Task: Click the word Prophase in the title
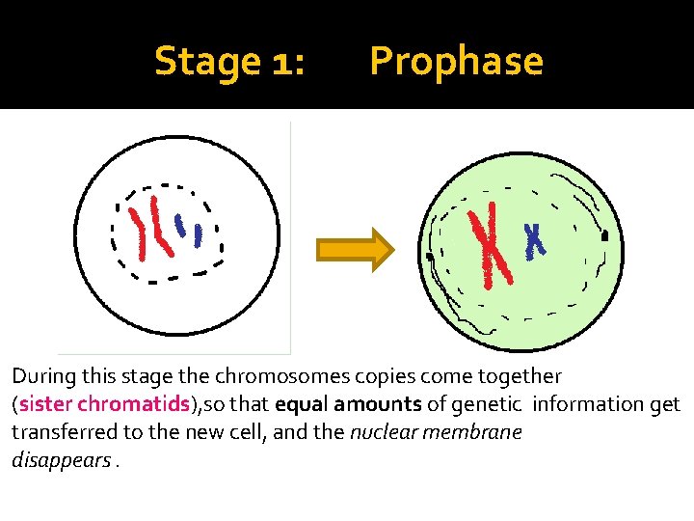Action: (x=456, y=62)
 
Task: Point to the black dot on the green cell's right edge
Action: (x=605, y=235)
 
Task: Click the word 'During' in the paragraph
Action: (x=40, y=376)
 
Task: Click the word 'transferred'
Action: (x=60, y=432)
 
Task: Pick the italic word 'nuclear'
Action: (x=381, y=432)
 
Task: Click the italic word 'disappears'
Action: (x=59, y=460)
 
